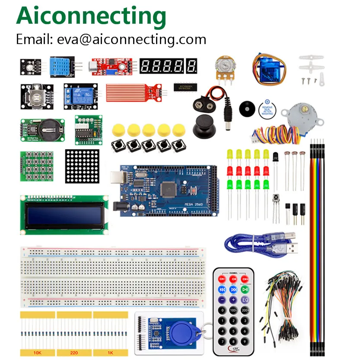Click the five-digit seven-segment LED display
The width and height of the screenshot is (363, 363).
168,66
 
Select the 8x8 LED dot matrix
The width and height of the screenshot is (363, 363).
82,166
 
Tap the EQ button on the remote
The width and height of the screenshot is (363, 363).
245,299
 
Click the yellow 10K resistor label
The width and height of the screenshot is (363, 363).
37,353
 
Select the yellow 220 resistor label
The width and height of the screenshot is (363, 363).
74,353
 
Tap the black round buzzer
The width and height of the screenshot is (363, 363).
246,108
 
